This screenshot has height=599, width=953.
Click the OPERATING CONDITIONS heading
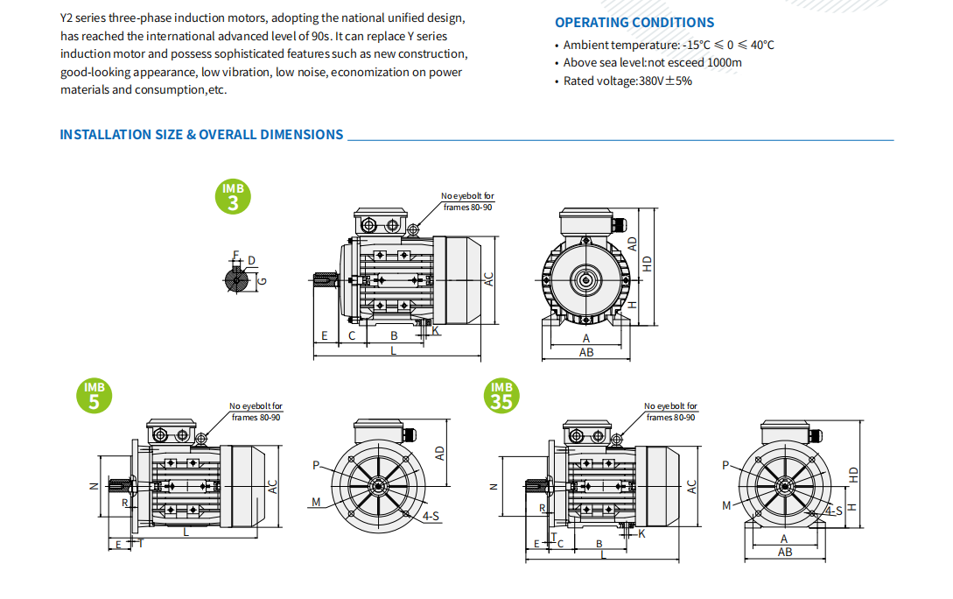tap(634, 23)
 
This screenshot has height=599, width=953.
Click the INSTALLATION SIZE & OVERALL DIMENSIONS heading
tap(201, 135)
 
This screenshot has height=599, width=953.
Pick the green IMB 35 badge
tap(501, 396)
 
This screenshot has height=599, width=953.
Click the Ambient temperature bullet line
tap(668, 45)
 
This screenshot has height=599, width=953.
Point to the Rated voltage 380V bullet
tap(627, 81)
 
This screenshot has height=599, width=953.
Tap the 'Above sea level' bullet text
tap(652, 63)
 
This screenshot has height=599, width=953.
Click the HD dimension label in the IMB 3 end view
tap(648, 262)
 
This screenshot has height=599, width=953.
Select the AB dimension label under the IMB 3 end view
tap(586, 352)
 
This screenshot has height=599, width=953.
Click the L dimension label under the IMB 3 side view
tap(393, 350)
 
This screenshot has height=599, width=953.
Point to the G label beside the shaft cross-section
tap(262, 280)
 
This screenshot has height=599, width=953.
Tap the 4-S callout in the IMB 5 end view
tap(431, 517)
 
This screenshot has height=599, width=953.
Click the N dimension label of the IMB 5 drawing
tap(94, 486)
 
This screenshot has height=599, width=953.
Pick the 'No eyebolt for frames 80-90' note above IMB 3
tap(467, 201)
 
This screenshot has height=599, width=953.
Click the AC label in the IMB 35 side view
tap(691, 487)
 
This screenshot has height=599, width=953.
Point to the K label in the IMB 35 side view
tap(641, 533)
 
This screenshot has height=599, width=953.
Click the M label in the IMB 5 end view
tap(315, 502)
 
